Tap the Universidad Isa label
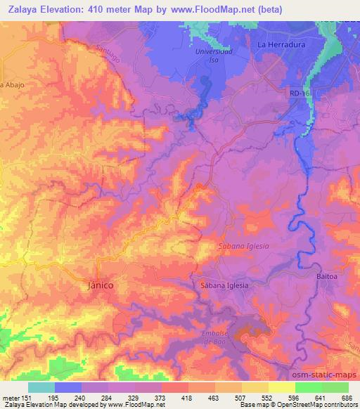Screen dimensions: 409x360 213,56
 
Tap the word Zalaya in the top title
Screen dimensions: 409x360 21,9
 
